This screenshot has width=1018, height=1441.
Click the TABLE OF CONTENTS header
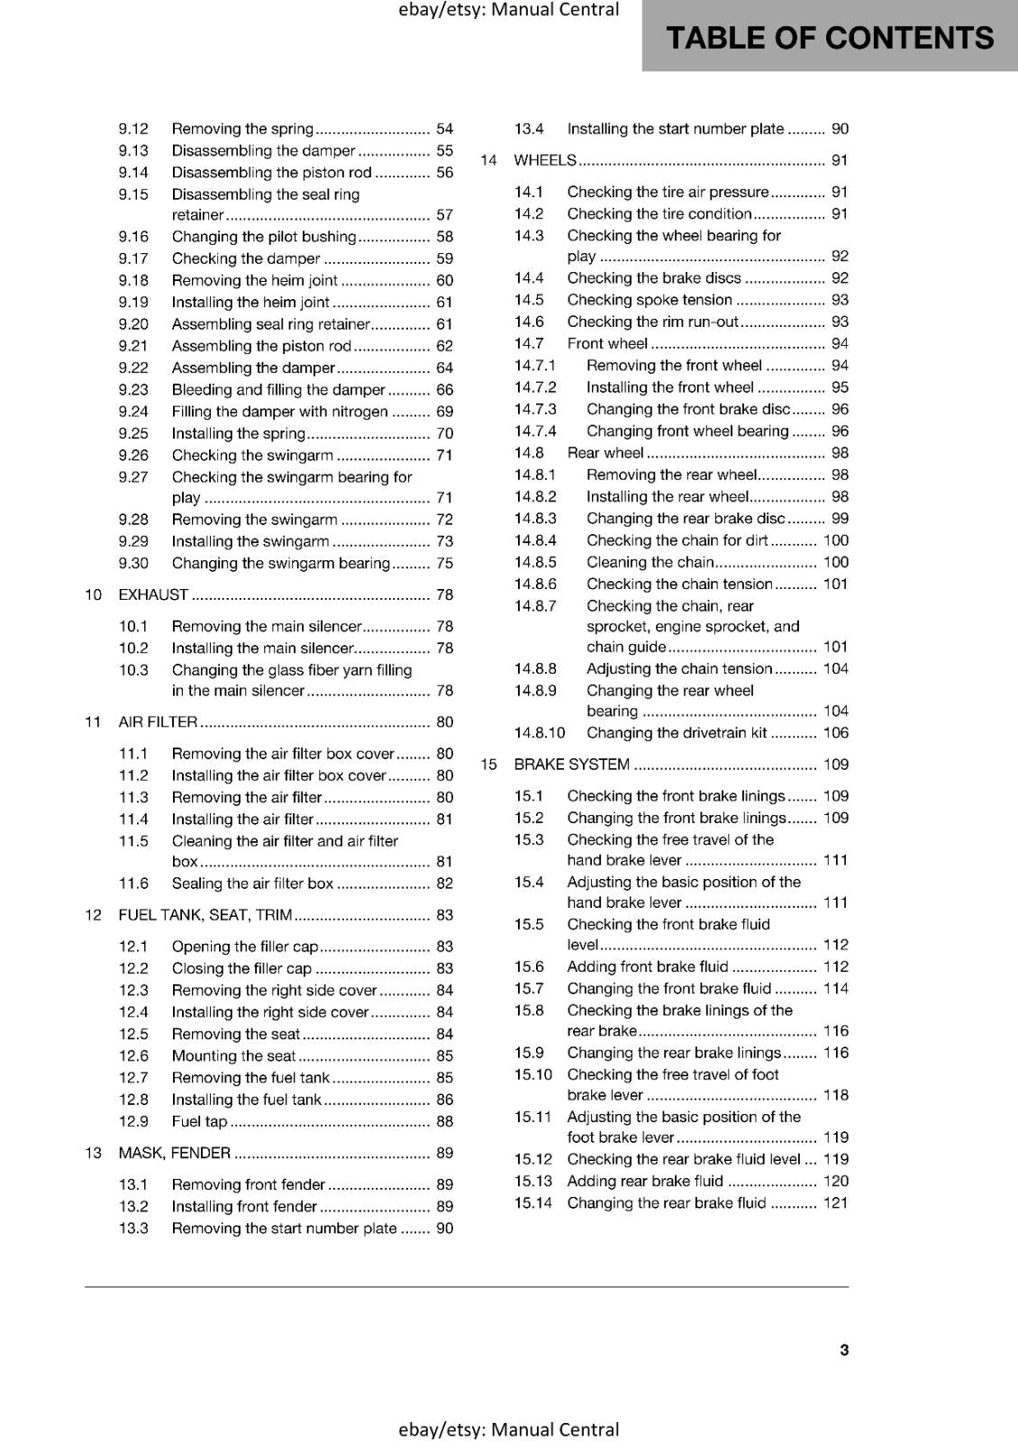[x=829, y=38]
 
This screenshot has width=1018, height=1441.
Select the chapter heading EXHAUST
[x=153, y=594]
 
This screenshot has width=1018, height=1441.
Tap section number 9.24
[x=133, y=412]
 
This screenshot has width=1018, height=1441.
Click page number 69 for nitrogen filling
[x=444, y=412]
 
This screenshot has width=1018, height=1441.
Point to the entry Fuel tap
[x=199, y=1121]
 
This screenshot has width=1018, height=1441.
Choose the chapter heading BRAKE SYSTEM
[x=571, y=765]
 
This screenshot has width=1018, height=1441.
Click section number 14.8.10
[x=540, y=733]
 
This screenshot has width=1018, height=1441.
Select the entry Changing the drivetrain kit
[x=677, y=733]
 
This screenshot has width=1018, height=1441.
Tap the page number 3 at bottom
[x=844, y=1350]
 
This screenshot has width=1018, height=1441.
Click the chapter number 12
[x=93, y=915]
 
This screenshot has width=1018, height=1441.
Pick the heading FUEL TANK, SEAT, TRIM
[x=205, y=915]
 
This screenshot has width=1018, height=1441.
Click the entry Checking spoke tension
[x=650, y=300]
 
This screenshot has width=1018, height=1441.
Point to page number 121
[x=835, y=1203]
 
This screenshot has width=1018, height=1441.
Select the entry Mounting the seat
[x=233, y=1056]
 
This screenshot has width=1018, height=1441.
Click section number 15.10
[x=533, y=1074]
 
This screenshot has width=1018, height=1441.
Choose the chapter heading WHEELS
[x=544, y=160]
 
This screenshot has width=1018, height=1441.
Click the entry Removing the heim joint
[x=254, y=280]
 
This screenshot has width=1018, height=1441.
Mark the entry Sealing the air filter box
[x=252, y=884]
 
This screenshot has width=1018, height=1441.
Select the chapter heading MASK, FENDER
[x=175, y=1153]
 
